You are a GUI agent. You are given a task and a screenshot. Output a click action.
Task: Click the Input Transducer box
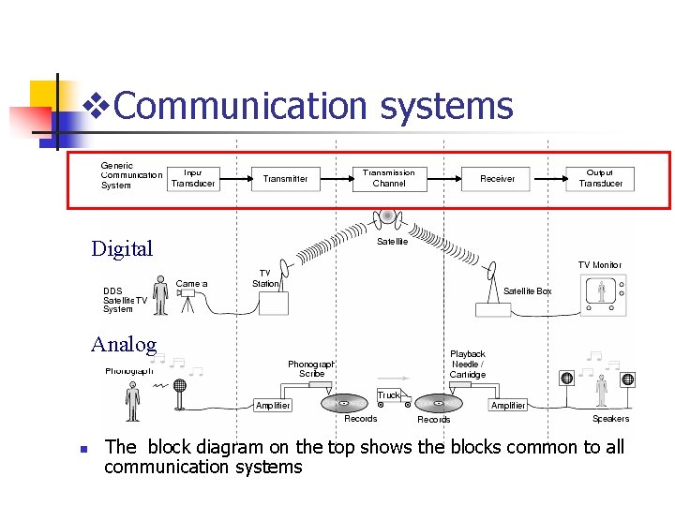pyautogui.click(x=193, y=178)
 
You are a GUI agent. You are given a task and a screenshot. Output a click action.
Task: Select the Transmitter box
pyautogui.click(x=285, y=178)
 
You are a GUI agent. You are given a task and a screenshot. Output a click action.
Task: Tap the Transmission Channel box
pyautogui.click(x=389, y=178)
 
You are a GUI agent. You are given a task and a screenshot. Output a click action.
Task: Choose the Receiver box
pyautogui.click(x=497, y=178)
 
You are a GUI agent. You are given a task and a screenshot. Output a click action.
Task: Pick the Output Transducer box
pyautogui.click(x=600, y=178)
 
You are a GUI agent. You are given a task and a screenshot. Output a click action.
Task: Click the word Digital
pyautogui.click(x=122, y=248)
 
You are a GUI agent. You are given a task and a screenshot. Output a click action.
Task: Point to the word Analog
pyautogui.click(x=124, y=344)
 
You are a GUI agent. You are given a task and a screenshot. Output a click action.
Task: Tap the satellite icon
pyautogui.click(x=387, y=217)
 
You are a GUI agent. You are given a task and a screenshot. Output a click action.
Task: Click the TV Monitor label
pyautogui.click(x=600, y=265)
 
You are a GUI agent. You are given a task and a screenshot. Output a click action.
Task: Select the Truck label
pyautogui.click(x=389, y=395)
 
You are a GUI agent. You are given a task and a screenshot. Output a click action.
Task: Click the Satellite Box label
pyautogui.click(x=528, y=291)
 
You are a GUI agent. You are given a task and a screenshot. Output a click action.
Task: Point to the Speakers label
pyautogui.click(x=610, y=419)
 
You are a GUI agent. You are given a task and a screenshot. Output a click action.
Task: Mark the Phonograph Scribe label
pyautogui.click(x=311, y=368)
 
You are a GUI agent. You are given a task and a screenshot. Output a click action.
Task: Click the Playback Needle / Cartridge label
pyautogui.click(x=467, y=365)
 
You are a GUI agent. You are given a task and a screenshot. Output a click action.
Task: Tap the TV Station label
pyautogui.click(x=265, y=278)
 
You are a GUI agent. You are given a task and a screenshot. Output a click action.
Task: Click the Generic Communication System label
pyautogui.click(x=131, y=175)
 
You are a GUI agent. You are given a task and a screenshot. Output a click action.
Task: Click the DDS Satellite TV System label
pyautogui.click(x=125, y=300)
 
